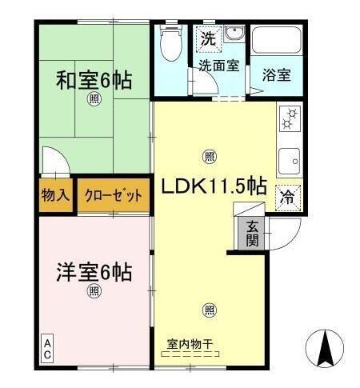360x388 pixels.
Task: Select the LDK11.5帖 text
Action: (x=214, y=186)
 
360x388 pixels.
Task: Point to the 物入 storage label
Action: (x=56, y=194)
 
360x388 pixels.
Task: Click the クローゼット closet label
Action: (x=113, y=194)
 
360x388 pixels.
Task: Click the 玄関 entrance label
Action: (x=252, y=233)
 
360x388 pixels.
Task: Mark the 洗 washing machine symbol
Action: (x=207, y=37)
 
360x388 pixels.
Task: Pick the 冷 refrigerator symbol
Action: (x=287, y=197)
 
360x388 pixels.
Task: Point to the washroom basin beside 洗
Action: (x=234, y=35)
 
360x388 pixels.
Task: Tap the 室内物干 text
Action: (x=190, y=343)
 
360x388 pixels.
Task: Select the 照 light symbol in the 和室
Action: (x=94, y=99)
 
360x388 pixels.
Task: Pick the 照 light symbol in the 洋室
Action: (x=94, y=290)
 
